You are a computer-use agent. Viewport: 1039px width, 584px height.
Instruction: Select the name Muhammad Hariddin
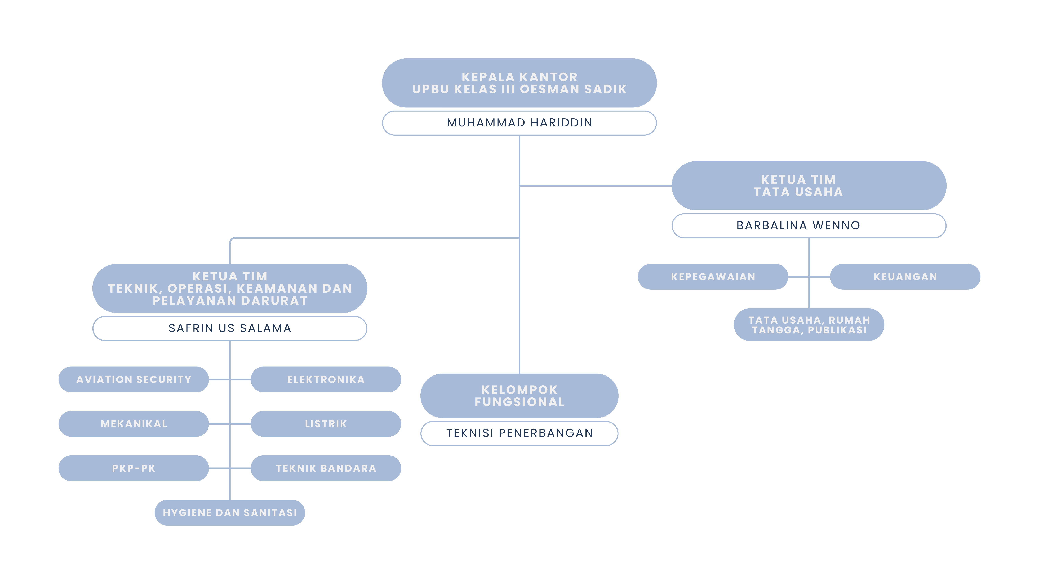pyautogui.click(x=519, y=123)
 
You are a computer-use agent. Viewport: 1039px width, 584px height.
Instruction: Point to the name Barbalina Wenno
pyautogui.click(x=798, y=225)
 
